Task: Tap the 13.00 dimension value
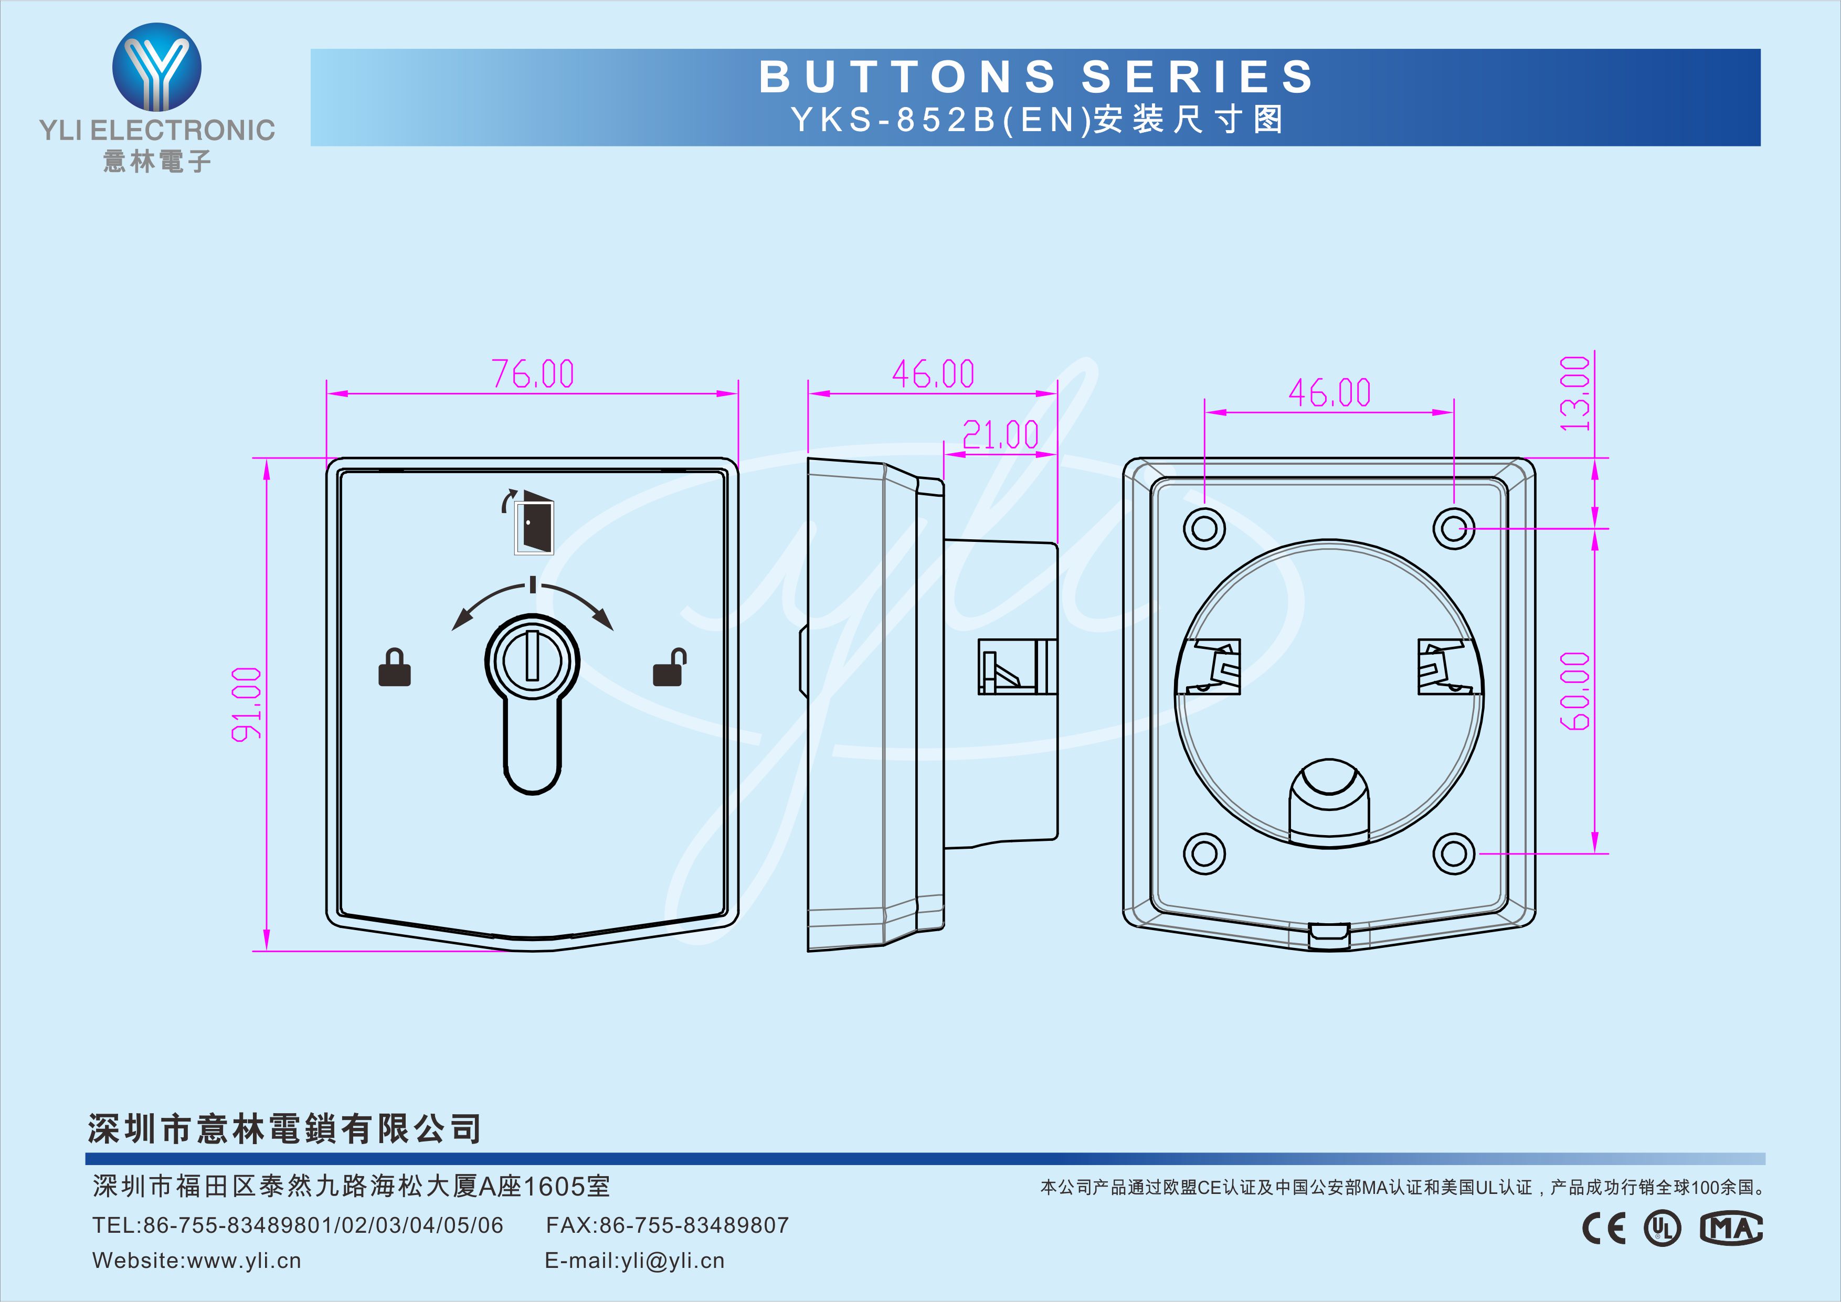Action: [1574, 393]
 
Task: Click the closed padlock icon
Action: [394, 667]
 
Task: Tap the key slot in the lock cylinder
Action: [532, 656]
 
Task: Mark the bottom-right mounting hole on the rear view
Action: [1454, 853]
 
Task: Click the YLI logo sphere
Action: [157, 67]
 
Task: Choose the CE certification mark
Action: [1604, 1228]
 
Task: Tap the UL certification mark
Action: [1663, 1228]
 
